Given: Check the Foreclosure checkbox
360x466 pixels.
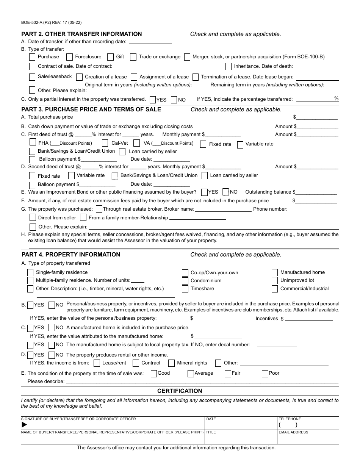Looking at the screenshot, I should [69, 57].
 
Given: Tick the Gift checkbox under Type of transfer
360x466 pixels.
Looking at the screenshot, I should [110, 57].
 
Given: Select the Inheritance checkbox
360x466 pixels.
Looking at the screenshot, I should [229, 67].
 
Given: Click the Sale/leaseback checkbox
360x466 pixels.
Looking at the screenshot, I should [32, 77].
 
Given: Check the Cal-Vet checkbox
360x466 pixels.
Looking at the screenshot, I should [105, 143].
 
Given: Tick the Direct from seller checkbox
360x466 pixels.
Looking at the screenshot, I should [33, 217].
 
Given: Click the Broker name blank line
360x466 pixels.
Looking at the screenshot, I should [223, 209].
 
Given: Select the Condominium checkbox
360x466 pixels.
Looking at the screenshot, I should [185, 281].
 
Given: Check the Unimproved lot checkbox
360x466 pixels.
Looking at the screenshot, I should [275, 280].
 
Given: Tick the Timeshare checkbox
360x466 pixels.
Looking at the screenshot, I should [185, 289].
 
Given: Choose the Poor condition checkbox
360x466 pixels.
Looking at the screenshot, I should [265, 374].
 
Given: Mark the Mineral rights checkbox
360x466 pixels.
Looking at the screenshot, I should [171, 363].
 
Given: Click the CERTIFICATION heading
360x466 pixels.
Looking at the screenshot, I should [180, 391].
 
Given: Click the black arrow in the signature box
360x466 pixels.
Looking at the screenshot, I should [24, 425].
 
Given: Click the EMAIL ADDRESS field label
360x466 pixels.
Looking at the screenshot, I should [293, 432].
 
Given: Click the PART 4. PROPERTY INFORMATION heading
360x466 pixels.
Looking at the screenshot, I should [71, 255].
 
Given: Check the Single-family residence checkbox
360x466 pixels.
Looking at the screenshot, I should [30, 273].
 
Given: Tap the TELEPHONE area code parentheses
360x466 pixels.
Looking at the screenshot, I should [288, 425].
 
